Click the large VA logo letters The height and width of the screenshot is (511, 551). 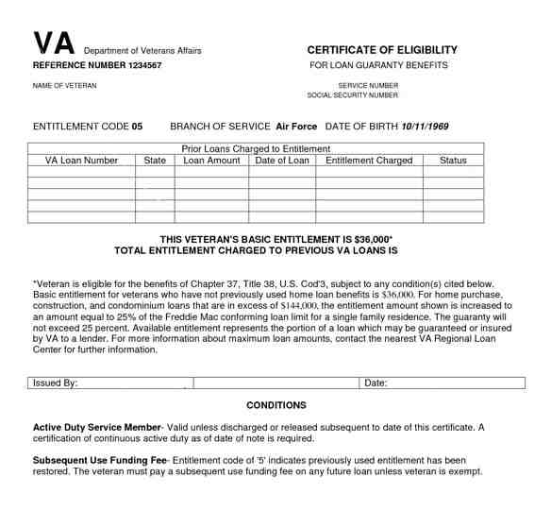pyautogui.click(x=54, y=44)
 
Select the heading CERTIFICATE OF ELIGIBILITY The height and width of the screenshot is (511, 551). pyautogui.click(x=382, y=49)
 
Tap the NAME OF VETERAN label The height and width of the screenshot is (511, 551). pyautogui.click(x=65, y=86)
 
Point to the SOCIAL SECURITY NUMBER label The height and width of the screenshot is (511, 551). pyautogui.click(x=353, y=95)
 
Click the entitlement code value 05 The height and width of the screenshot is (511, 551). pyautogui.click(x=137, y=126)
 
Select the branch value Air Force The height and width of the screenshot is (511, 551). pyautogui.click(x=297, y=126)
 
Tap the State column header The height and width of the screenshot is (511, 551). pyautogui.click(x=155, y=161)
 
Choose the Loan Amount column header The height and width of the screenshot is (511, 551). pyautogui.click(x=211, y=161)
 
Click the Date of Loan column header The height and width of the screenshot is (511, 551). pyautogui.click(x=282, y=161)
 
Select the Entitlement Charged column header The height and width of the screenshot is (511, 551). pyautogui.click(x=369, y=161)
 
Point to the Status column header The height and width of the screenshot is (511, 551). pyautogui.click(x=453, y=161)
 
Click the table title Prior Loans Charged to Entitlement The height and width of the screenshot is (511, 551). pyautogui.click(x=255, y=148)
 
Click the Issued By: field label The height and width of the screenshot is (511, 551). pyautogui.click(x=56, y=383)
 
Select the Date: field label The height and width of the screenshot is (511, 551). pyautogui.click(x=376, y=383)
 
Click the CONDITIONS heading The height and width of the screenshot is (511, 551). pyautogui.click(x=276, y=405)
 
